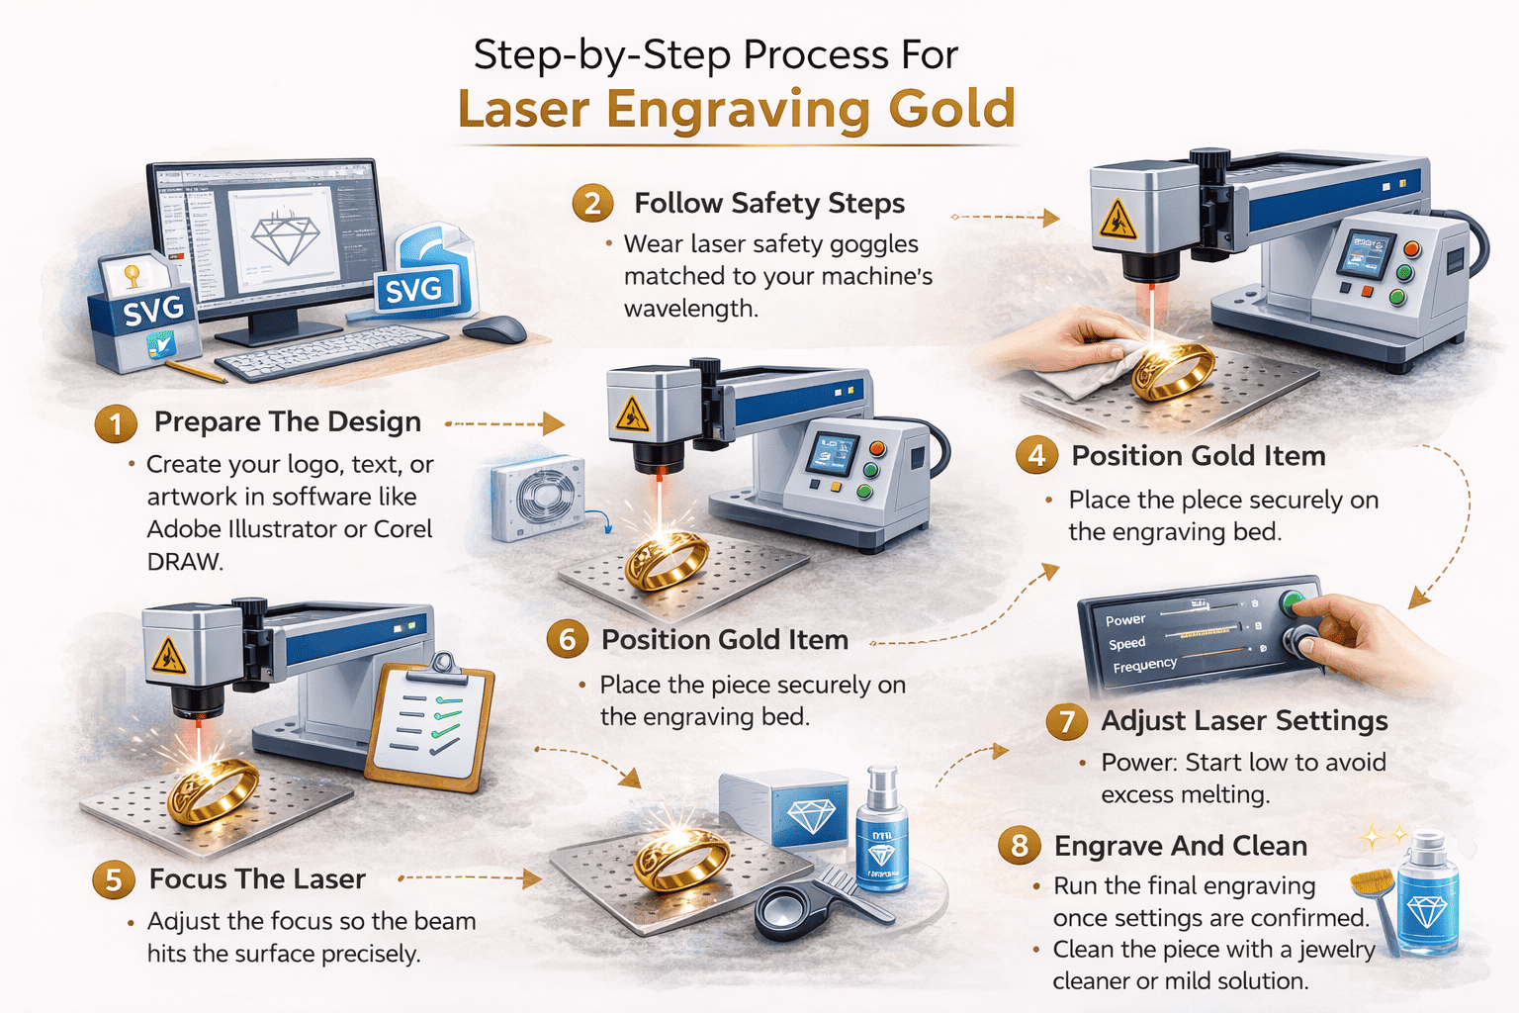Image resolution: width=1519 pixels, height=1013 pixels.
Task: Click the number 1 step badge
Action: click(x=116, y=424)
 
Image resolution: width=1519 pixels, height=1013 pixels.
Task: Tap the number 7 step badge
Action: click(x=1066, y=721)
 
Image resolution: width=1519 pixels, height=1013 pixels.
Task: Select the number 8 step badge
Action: click(x=1020, y=846)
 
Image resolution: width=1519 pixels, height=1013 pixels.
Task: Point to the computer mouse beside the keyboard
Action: click(x=493, y=328)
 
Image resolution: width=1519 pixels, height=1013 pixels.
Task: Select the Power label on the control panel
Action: click(x=1125, y=620)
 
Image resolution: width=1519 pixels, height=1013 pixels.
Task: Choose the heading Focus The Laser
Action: click(x=257, y=878)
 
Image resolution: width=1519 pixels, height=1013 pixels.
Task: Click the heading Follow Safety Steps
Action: click(x=768, y=203)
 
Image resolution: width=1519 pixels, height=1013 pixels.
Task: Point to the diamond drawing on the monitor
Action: click(x=286, y=237)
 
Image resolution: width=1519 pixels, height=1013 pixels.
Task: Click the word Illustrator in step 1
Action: click(x=283, y=529)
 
